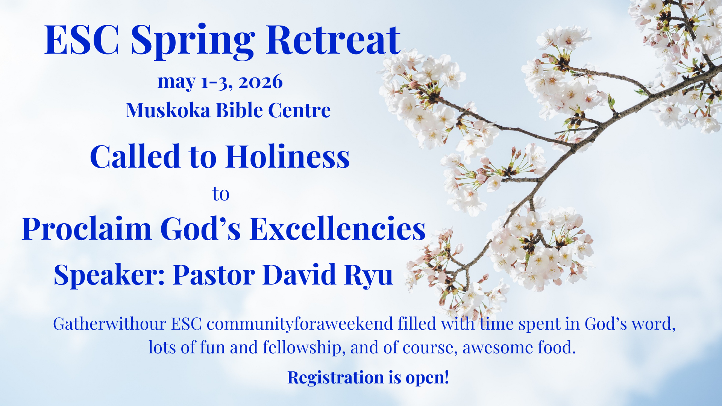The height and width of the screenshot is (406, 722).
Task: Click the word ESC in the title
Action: [x=82, y=40]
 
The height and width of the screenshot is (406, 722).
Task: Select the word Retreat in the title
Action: [x=333, y=40]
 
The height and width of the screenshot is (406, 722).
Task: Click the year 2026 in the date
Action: [x=260, y=82]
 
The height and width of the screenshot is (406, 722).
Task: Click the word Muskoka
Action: [x=168, y=110]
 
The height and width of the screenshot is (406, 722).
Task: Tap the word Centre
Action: [x=299, y=110]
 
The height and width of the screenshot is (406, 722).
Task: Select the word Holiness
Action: [x=288, y=156]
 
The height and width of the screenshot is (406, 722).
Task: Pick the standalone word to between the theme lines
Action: [x=221, y=194]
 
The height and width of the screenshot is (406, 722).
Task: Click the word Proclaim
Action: [x=86, y=229]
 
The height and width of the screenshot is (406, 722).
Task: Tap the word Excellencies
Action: [x=337, y=229]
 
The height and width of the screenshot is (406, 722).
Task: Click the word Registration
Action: [x=335, y=377]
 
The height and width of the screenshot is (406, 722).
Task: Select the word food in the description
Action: [x=556, y=347]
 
